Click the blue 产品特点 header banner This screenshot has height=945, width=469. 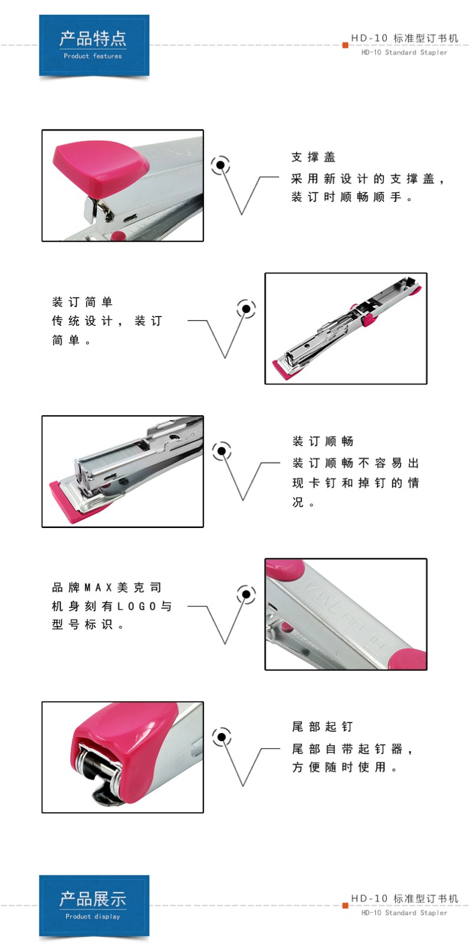coord(94,45)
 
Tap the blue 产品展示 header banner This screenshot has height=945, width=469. coord(94,906)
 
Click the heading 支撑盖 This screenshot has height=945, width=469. coord(313,157)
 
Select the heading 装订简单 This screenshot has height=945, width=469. coord(82,302)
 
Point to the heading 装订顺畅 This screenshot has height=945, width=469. coord(323,441)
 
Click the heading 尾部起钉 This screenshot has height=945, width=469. coord(322,726)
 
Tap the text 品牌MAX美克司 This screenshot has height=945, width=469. coord(107,587)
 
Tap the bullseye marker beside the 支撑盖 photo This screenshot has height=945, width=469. coord(221,165)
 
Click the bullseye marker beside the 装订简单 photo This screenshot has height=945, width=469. coord(246,309)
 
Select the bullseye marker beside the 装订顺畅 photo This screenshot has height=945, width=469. coord(222,451)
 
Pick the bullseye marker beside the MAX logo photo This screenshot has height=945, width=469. coord(246,594)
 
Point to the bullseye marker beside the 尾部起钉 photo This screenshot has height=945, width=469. coord(222,737)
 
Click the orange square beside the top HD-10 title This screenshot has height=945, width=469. coord(345,45)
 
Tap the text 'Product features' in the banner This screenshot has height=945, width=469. coord(93,56)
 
